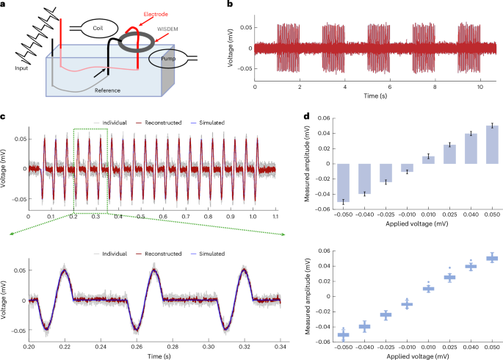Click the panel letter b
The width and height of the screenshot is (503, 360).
click(231, 5)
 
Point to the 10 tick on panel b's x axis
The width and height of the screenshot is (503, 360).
click(479, 86)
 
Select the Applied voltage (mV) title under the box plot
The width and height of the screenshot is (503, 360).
click(415, 355)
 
